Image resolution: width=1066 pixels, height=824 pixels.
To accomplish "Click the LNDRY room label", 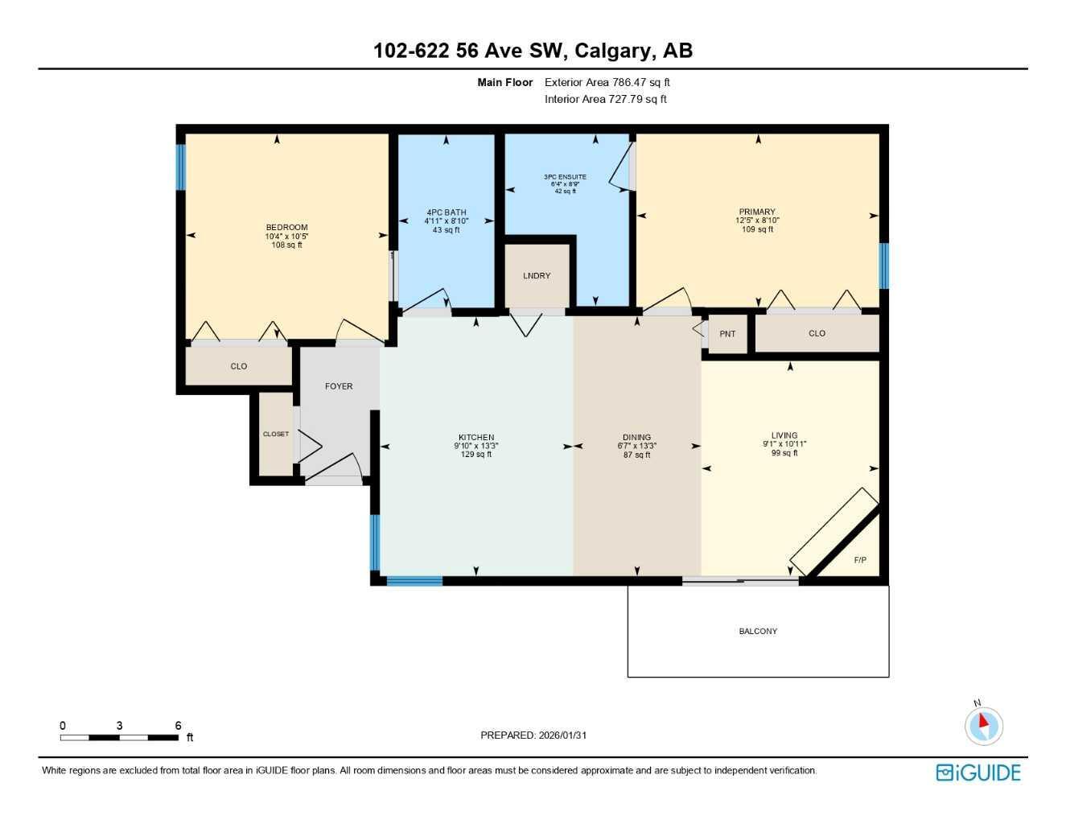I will (x=537, y=276).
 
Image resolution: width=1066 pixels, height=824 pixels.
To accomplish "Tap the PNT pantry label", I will (x=727, y=334).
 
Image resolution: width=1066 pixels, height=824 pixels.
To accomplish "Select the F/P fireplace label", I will (x=860, y=560).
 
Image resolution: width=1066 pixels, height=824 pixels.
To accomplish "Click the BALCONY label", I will (x=758, y=632).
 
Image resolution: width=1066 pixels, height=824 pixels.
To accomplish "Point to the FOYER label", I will (x=339, y=386).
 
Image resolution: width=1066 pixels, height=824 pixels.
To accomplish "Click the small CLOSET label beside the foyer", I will (x=276, y=435).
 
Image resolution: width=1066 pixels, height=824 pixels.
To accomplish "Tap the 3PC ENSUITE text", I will (x=564, y=177).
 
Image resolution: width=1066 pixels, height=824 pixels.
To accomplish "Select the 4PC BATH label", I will (x=447, y=213).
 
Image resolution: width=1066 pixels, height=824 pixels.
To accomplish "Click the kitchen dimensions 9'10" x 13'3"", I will (x=476, y=446).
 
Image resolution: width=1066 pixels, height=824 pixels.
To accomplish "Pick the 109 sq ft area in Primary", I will (x=757, y=229).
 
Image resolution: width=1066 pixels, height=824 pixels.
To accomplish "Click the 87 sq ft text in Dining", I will (x=637, y=455).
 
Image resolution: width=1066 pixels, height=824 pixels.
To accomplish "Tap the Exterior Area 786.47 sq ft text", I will (x=607, y=82).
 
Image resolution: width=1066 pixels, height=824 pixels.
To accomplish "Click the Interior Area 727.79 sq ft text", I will (x=606, y=100).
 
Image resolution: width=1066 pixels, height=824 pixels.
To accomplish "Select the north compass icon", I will (x=983, y=725).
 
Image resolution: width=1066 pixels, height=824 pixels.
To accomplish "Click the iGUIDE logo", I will (x=978, y=772).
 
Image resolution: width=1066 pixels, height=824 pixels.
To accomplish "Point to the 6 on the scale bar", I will (x=178, y=725).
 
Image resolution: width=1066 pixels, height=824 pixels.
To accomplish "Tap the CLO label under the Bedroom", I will (x=239, y=366).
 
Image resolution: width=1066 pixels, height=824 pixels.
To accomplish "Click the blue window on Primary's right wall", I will (x=883, y=266).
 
